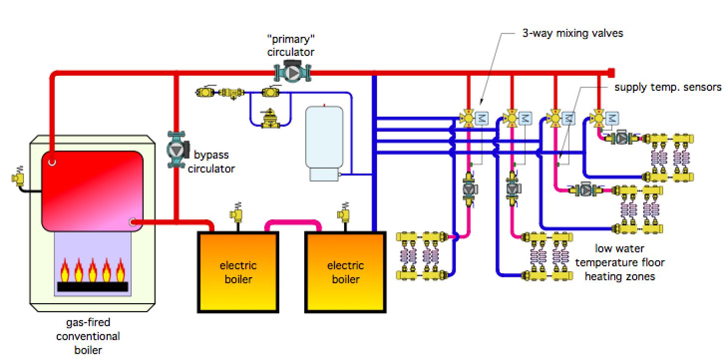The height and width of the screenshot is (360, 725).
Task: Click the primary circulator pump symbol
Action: tap(292, 73)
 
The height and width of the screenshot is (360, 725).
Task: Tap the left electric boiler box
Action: tap(238, 272)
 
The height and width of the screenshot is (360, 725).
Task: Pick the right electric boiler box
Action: tap(346, 272)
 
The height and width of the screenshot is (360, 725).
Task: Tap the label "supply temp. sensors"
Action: tap(667, 87)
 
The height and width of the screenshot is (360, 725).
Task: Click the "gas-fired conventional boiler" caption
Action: tap(88, 336)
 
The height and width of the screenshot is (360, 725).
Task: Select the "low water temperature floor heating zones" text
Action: tap(619, 262)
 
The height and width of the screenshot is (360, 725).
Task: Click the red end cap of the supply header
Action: tap(611, 73)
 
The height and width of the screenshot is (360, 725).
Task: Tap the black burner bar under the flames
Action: tap(92, 286)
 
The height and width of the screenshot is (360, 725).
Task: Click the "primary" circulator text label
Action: tap(291, 45)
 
